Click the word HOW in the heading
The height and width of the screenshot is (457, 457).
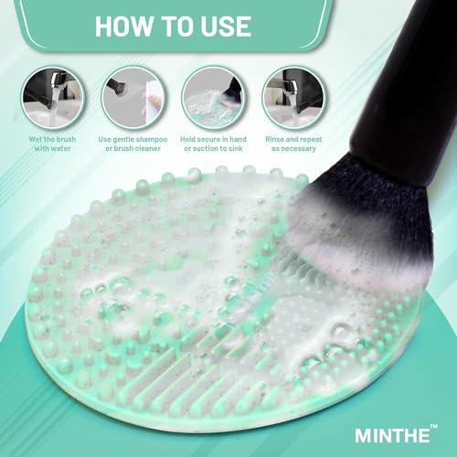127,25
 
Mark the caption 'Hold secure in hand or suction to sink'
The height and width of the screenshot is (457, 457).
214,144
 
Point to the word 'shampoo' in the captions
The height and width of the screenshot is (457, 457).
150,139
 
